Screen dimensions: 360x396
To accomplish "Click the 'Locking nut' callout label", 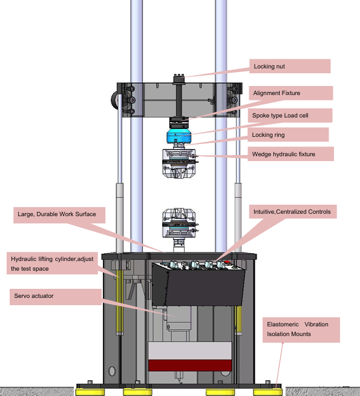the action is pyautogui.click(x=290, y=66).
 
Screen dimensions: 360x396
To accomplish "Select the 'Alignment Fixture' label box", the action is pyautogui.click(x=291, y=93).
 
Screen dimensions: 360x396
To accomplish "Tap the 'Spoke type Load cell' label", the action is pyautogui.click(x=290, y=116).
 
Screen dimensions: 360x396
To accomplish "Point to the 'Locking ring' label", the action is pyautogui.click(x=288, y=134).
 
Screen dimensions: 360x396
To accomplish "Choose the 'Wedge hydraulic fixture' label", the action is pyautogui.click(x=290, y=154).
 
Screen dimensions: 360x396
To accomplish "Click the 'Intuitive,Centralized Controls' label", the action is pyautogui.click(x=293, y=212).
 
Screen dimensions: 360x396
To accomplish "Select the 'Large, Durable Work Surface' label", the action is pyautogui.click(x=59, y=215).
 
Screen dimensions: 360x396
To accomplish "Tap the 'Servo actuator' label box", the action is pyautogui.click(x=56, y=297).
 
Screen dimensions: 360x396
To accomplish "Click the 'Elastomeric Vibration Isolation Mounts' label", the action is pyautogui.click(x=301, y=330).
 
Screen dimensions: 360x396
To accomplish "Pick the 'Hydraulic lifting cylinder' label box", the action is pyautogui.click(x=52, y=263).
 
